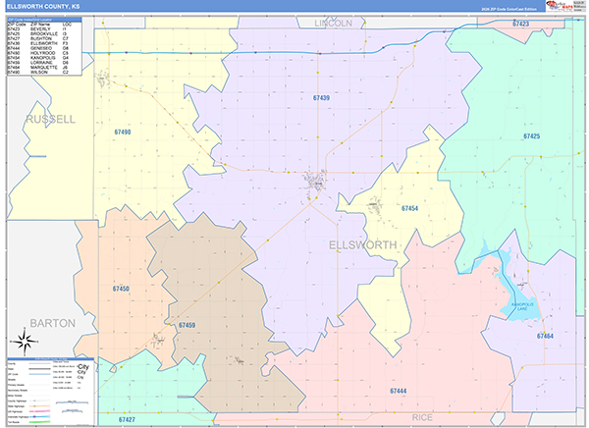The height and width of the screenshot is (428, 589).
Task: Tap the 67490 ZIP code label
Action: pyautogui.click(x=122, y=132)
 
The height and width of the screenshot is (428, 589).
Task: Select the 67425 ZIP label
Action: pyautogui.click(x=532, y=136)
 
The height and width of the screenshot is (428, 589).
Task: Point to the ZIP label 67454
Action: pyautogui.click(x=410, y=208)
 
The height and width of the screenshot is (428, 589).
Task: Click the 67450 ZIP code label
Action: pyautogui.click(x=121, y=289)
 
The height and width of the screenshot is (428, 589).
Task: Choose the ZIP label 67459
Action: pyautogui.click(x=187, y=324)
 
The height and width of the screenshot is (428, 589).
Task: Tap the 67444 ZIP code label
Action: pyautogui.click(x=398, y=392)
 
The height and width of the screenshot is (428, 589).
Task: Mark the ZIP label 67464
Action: pyautogui.click(x=546, y=336)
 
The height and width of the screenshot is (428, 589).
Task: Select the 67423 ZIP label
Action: pyautogui.click(x=521, y=23)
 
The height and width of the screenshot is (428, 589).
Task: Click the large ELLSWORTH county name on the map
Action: pyautogui.click(x=363, y=243)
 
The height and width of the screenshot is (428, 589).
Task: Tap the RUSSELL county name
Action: pyautogui.click(x=50, y=119)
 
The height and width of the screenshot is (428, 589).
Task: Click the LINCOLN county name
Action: pyautogui.click(x=333, y=21)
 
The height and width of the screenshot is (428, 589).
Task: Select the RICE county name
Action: pyautogui.click(x=422, y=417)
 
